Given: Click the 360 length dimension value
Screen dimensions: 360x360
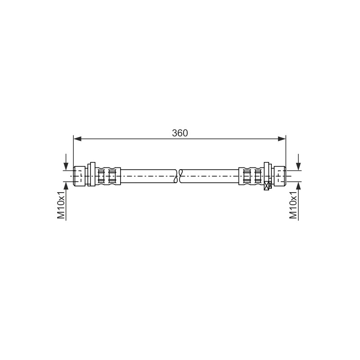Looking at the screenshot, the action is (180, 133).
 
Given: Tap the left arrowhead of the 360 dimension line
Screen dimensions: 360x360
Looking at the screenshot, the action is (77, 139).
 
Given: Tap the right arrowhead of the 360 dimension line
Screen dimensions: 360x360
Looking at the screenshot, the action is (282, 139).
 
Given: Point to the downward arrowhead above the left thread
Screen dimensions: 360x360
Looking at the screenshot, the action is (66, 166).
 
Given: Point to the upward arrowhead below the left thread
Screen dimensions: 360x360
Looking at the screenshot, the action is (66, 186).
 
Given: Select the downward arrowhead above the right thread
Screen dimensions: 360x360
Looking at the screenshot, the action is (298, 166).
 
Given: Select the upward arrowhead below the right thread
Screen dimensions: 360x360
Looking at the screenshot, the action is (298, 186).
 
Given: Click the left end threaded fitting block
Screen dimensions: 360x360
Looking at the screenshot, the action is (80, 176).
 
